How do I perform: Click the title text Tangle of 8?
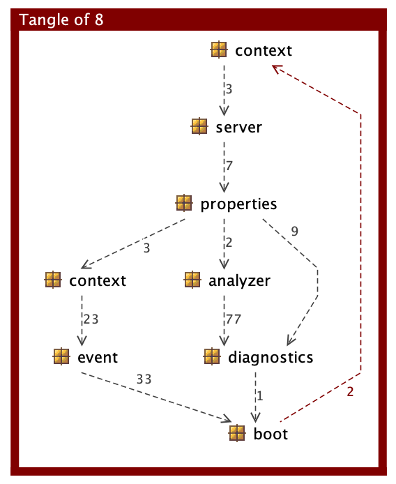click(62, 19)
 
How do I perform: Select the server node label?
click(238, 128)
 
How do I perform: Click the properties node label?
click(238, 204)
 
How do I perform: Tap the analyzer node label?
click(239, 281)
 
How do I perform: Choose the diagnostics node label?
click(271, 358)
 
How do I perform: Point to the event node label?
click(98, 358)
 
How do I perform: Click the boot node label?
click(271, 434)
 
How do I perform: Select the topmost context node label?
click(263, 51)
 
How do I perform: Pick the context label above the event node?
click(98, 281)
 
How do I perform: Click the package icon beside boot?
click(238, 433)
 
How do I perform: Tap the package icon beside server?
click(199, 127)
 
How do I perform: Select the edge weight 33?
click(144, 379)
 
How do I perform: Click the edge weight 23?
click(91, 319)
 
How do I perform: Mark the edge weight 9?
click(295, 232)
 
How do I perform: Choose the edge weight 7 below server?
click(228, 166)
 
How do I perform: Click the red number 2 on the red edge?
click(350, 391)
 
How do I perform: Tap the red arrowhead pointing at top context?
click(275, 68)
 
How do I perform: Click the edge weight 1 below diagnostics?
click(259, 396)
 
